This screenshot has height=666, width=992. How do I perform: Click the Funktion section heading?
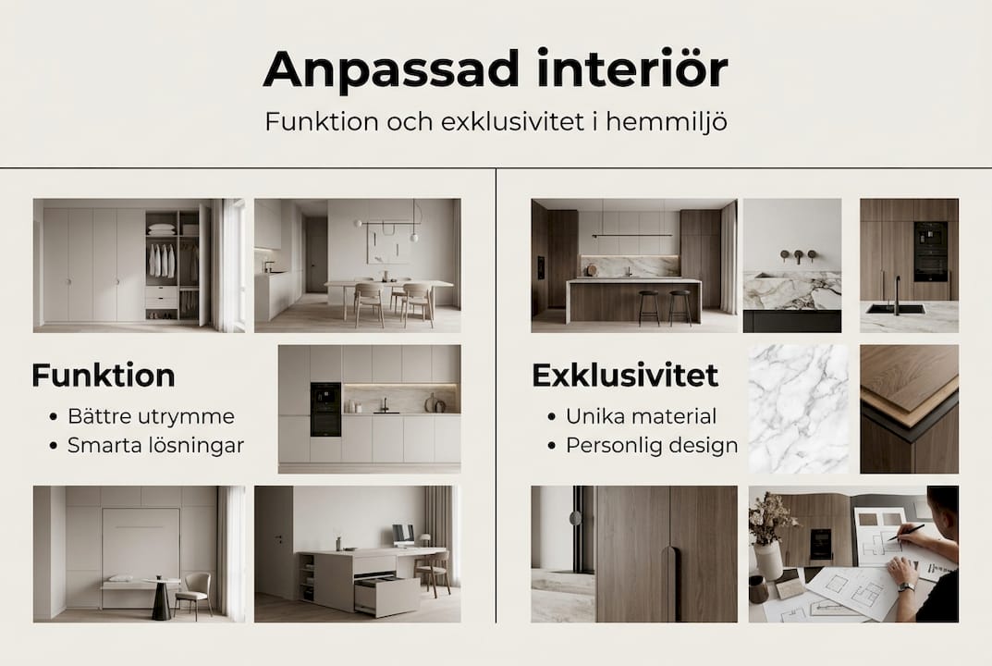click(103, 376)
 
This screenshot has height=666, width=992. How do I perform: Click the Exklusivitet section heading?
click(625, 376)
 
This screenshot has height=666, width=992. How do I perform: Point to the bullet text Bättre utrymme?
click(151, 416)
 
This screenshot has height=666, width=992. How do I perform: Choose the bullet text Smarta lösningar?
click(155, 446)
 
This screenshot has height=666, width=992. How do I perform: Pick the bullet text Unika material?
click(641, 416)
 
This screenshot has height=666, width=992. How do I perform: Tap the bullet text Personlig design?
click(652, 446)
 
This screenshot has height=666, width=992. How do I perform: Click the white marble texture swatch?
click(798, 409)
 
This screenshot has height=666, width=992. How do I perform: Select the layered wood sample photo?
click(909, 409)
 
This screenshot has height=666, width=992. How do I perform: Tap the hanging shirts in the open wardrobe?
click(161, 260)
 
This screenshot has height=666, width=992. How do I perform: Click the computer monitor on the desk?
click(403, 534)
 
